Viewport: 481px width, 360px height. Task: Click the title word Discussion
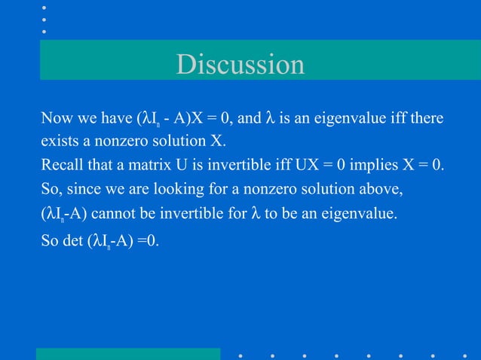pyautogui.click(x=240, y=65)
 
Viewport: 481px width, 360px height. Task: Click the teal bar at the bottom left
pyautogui.click(x=128, y=353)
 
